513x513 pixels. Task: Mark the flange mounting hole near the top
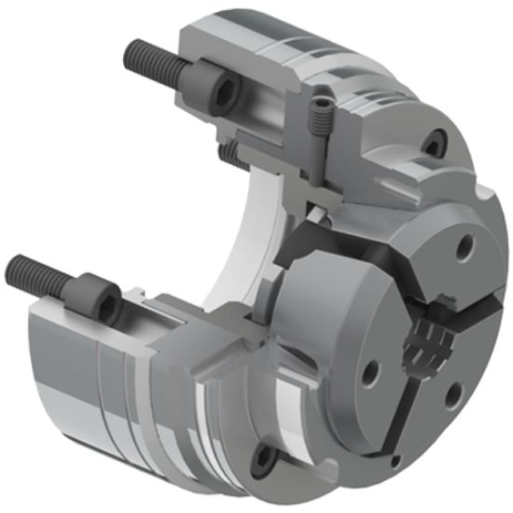[432, 143]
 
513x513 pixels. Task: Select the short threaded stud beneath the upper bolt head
[226, 147]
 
